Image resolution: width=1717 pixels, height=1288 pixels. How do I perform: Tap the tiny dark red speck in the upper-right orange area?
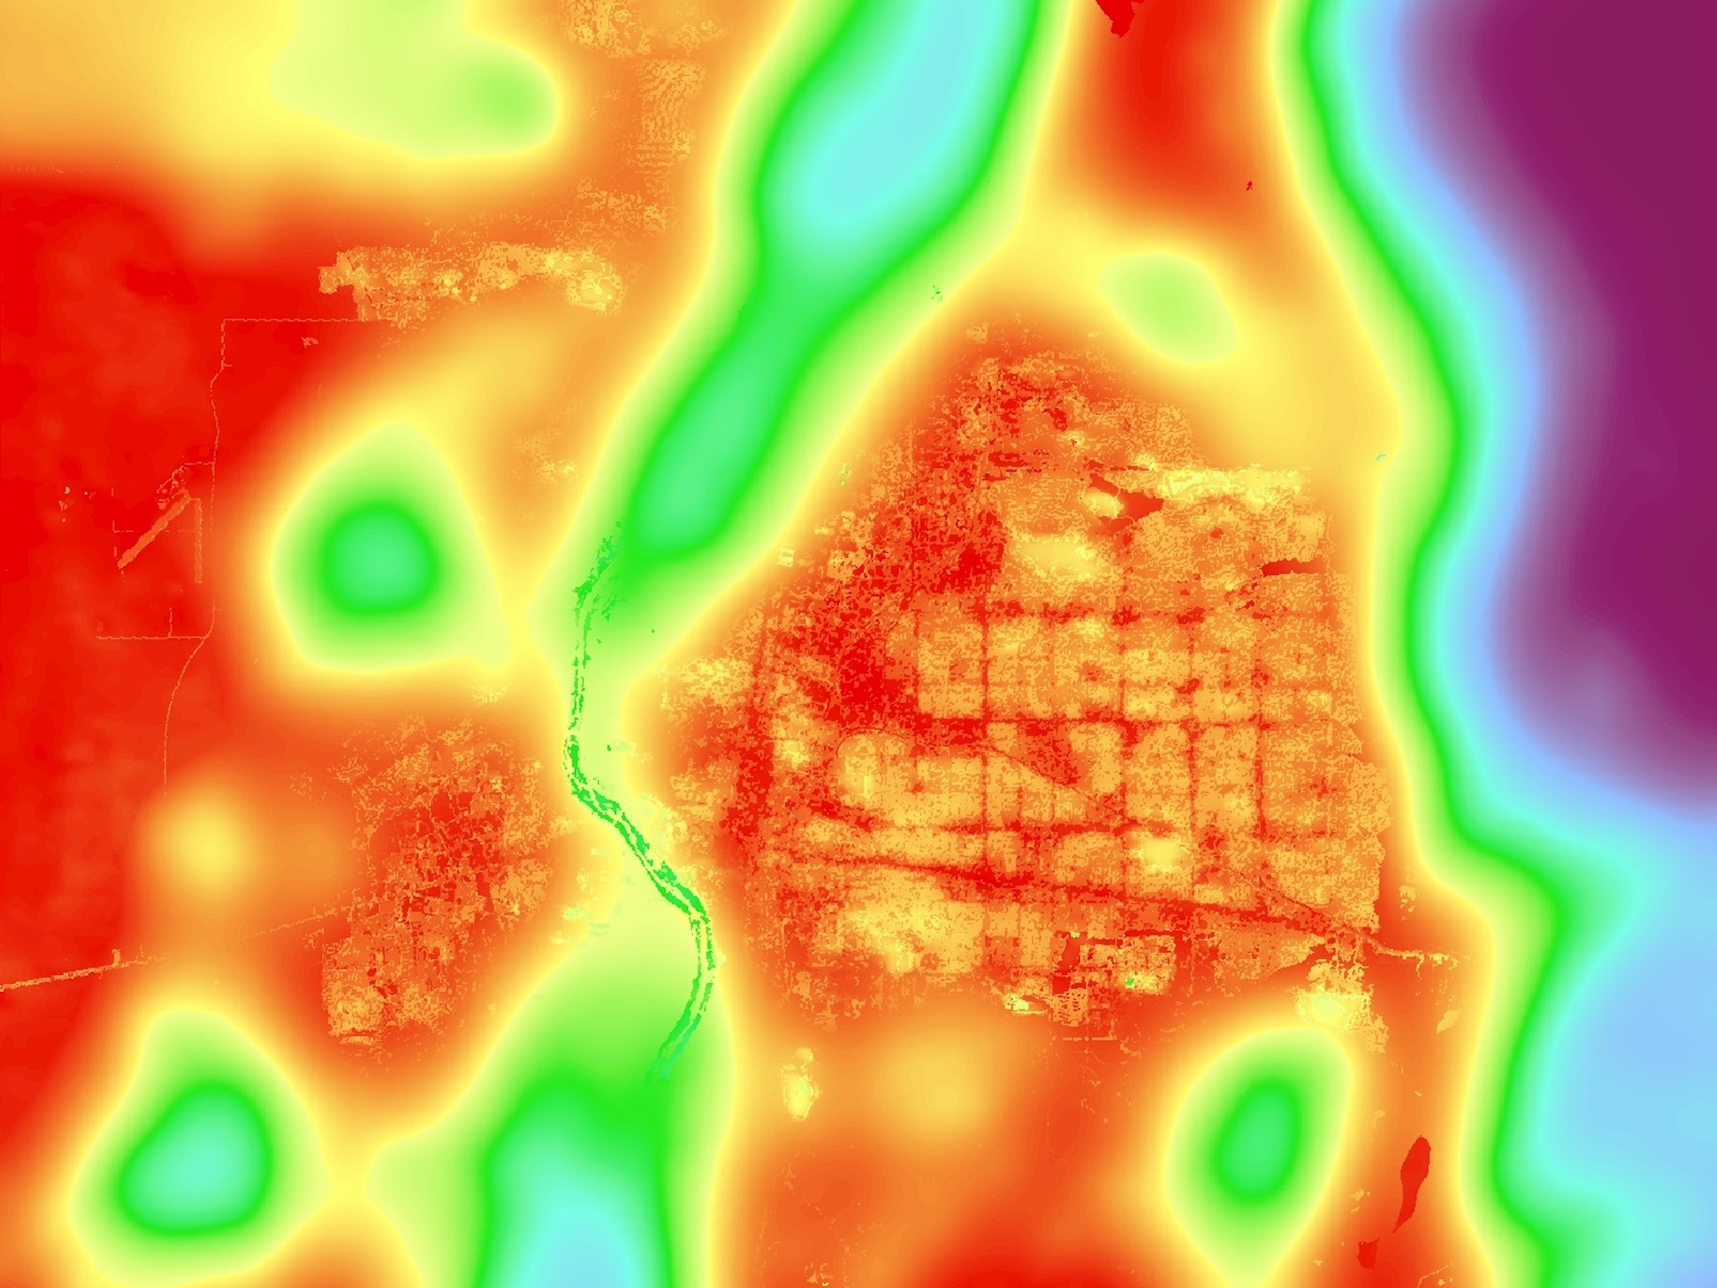coord(1249,186)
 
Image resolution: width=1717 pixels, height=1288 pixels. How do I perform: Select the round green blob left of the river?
coord(376,555)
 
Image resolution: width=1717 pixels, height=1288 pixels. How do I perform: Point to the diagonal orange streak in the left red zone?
coord(157,533)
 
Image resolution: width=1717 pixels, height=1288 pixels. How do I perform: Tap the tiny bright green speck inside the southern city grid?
coord(1129,981)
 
